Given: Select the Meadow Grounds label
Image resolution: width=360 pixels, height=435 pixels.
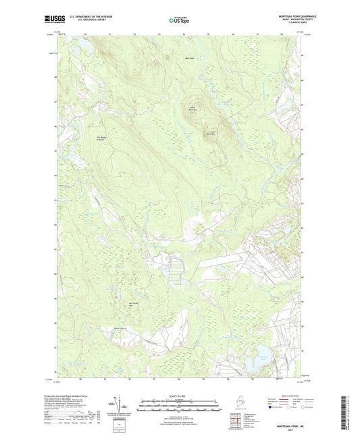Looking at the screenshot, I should pyautogui.click(x=102, y=139).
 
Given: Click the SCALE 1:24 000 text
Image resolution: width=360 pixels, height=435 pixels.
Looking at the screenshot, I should pyautogui.click(x=179, y=396).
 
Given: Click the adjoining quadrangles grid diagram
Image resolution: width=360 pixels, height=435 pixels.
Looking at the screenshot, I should pyautogui.click(x=236, y=422).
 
